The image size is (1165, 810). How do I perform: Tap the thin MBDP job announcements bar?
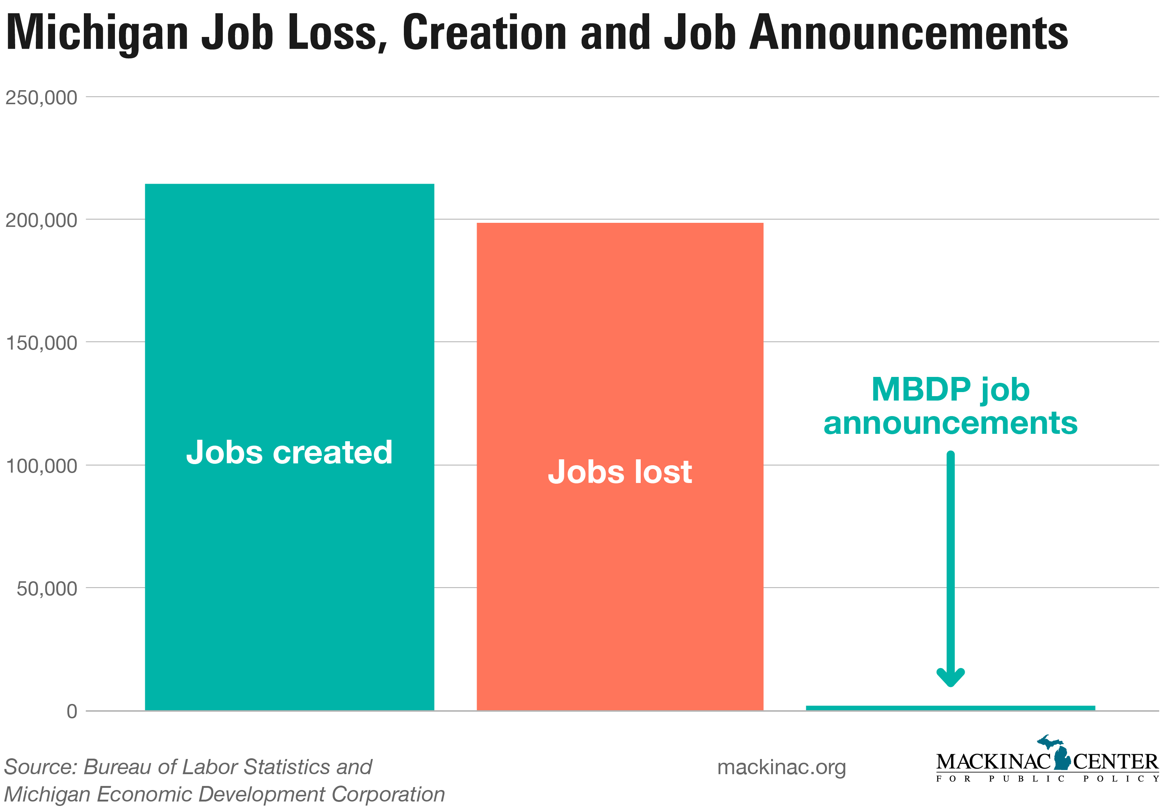click(x=950, y=708)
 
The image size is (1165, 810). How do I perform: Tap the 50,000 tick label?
click(x=47, y=589)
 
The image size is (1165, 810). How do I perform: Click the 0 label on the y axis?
click(x=72, y=712)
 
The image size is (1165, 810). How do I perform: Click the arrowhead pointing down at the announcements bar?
click(x=950, y=678)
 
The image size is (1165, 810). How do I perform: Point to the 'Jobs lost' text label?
click(x=620, y=472)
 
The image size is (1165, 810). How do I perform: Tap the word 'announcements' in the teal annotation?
click(x=950, y=423)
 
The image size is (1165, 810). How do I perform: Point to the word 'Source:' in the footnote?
click(x=40, y=767)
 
